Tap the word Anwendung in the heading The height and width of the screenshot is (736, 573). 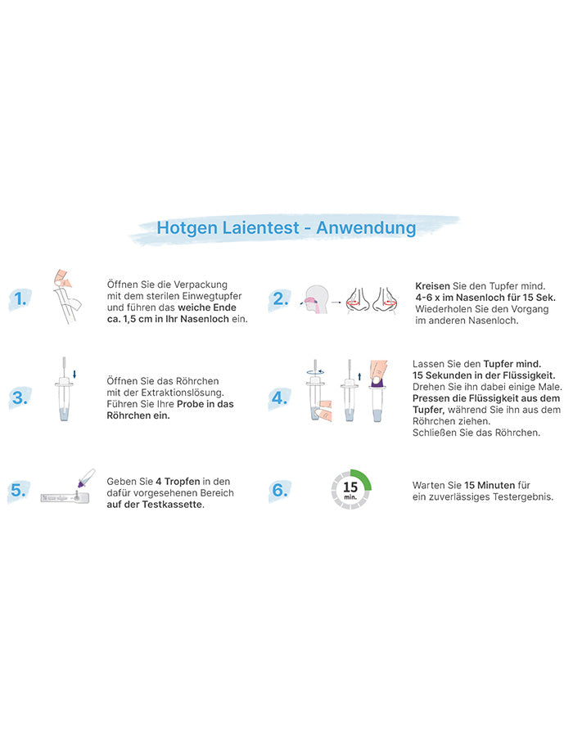(366, 228)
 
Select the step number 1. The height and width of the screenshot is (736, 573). (20, 298)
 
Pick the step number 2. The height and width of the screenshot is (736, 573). (281, 298)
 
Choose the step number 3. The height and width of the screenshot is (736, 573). (20, 398)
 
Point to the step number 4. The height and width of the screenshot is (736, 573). (280, 398)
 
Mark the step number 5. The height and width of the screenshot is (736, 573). (19, 490)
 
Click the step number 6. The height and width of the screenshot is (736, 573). (280, 490)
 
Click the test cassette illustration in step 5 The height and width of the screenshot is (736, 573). (65, 497)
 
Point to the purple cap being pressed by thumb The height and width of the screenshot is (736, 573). (377, 383)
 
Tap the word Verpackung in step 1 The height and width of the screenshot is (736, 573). (201, 285)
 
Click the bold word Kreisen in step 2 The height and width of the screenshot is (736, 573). (432, 286)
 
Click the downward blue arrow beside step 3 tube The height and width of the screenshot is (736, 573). (74, 374)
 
